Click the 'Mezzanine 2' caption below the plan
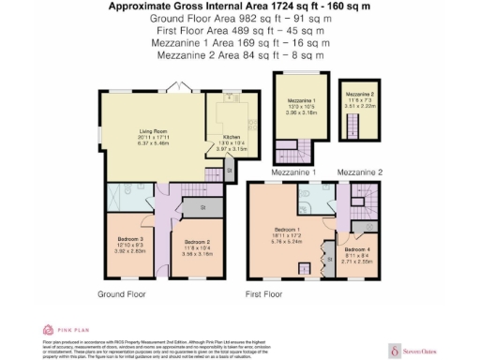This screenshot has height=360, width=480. point(360,172)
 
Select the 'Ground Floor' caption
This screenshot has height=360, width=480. point(122,293)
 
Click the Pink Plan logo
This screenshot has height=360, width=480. point(60,329)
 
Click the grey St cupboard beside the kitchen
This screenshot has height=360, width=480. point(229,174)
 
